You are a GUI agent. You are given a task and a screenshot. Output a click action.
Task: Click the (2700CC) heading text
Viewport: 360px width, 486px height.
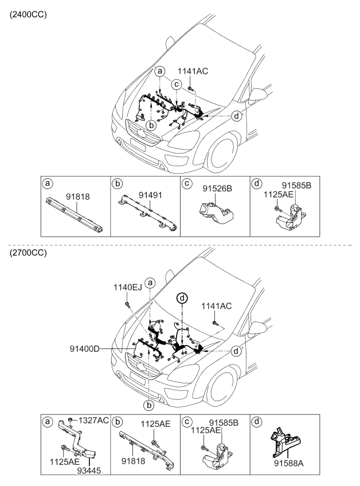(x=25, y=253)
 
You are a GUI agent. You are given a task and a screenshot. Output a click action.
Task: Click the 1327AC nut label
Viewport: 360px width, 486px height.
(x=94, y=421)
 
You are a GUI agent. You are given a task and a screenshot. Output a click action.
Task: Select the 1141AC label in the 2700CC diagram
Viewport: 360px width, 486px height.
(x=216, y=307)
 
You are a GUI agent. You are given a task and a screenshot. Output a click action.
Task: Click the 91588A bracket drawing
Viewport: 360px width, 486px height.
(x=286, y=441)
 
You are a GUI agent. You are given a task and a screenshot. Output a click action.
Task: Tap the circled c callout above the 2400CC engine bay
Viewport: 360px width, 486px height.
(x=177, y=84)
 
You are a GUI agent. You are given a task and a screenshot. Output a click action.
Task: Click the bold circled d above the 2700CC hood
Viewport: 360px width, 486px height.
(x=182, y=298)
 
